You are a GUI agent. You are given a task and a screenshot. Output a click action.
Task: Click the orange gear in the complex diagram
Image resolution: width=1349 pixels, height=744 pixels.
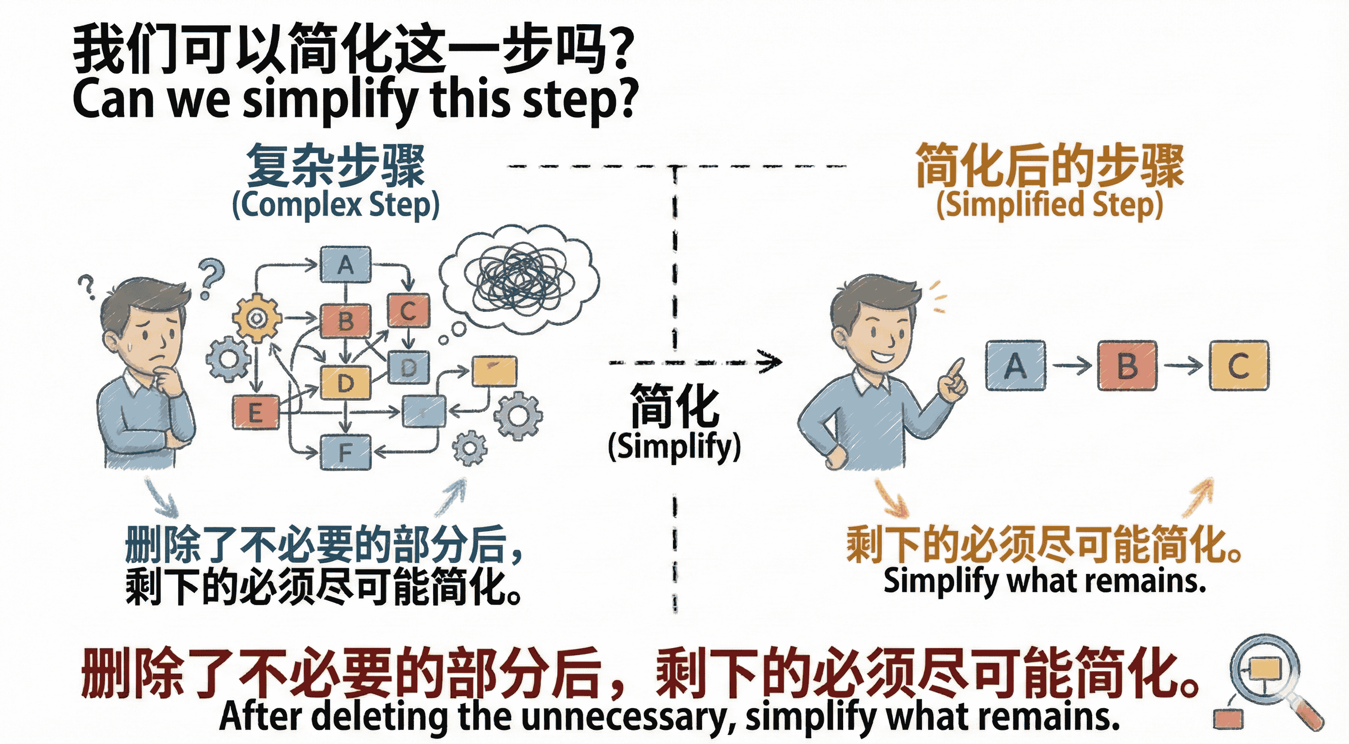[x=257, y=318]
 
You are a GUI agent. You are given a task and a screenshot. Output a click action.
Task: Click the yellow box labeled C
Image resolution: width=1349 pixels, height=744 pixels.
[x=1239, y=365]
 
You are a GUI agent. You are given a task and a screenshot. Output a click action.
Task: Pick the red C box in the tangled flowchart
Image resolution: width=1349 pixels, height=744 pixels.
[x=408, y=311]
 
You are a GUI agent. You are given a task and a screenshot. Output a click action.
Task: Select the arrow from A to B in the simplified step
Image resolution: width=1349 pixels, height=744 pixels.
[x=1071, y=365]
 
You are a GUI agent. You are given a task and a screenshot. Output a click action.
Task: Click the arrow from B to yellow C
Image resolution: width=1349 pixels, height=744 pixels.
[x=1183, y=365]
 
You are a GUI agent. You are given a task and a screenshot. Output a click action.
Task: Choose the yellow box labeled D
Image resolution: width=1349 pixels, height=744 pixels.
[x=345, y=383]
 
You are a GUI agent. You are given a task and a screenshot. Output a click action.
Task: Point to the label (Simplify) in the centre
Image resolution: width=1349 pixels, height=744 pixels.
[x=674, y=447]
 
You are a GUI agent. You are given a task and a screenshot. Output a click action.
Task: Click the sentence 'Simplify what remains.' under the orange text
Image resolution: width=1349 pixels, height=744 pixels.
[x=1045, y=581]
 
